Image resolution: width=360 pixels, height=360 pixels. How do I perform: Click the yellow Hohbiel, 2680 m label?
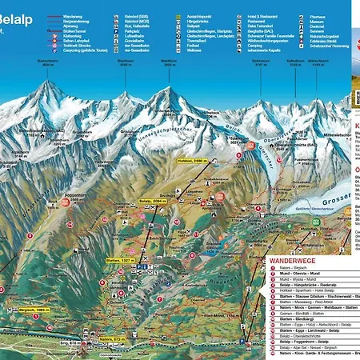pos(191,161)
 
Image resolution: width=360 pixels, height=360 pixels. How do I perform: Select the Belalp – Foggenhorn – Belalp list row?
pos(305,340)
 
